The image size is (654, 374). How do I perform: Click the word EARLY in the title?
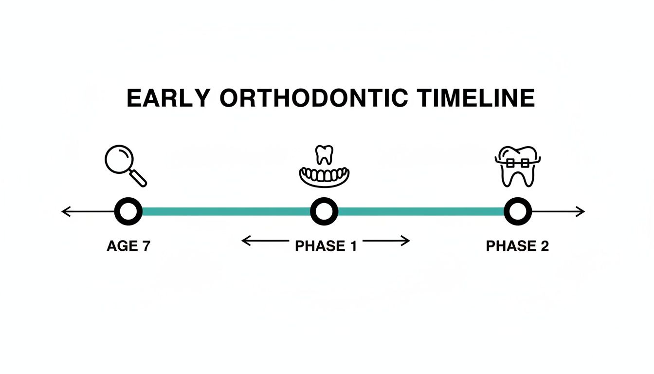point(168,98)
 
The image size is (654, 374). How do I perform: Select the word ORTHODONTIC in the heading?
point(313,98)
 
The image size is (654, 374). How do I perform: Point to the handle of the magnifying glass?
point(138,178)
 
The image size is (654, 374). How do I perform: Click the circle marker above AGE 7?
point(128,211)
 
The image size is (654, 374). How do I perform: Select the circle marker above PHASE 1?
point(324,211)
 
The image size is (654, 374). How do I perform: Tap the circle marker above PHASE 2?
point(517,211)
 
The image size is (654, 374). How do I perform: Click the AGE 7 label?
point(128,246)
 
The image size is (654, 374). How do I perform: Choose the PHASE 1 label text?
point(326,246)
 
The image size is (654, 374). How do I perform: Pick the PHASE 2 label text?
point(517,246)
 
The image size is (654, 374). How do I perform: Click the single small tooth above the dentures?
point(324,154)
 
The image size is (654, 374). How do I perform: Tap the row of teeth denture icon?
point(325,177)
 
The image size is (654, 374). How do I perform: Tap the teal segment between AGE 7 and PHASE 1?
point(226,211)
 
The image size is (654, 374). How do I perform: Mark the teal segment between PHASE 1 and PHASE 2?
point(421,211)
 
